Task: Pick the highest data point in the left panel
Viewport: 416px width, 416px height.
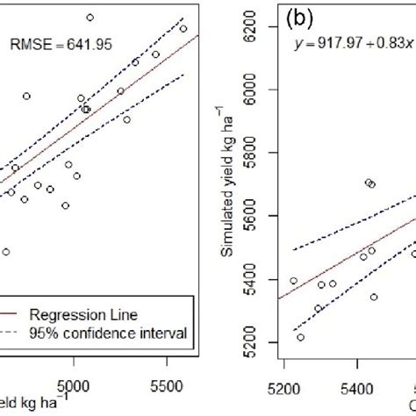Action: (90, 18)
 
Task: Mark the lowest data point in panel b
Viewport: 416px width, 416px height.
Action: (300, 337)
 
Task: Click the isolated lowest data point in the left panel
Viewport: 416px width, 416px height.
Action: (6, 252)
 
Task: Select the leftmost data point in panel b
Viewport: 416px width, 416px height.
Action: (293, 281)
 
